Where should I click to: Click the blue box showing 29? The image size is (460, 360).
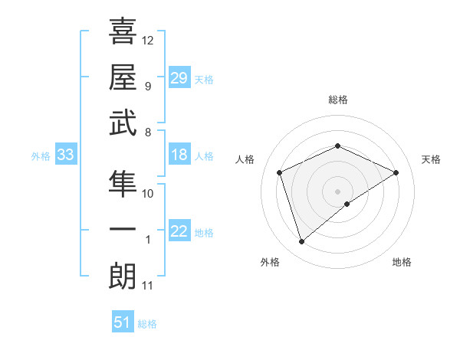tap(179, 78)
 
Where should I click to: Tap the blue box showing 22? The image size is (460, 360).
tap(179, 232)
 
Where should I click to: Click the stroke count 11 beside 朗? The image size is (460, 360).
tap(148, 286)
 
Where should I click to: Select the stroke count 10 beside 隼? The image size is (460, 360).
tap(148, 193)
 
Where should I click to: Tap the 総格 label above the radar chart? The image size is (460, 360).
tap(338, 100)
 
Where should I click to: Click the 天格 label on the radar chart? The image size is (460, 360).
tap(432, 159)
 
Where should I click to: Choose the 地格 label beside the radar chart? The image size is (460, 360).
tap(402, 262)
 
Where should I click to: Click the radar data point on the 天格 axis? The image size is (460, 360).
tap(396, 172)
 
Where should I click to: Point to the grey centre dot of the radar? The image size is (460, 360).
tap(337, 191)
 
